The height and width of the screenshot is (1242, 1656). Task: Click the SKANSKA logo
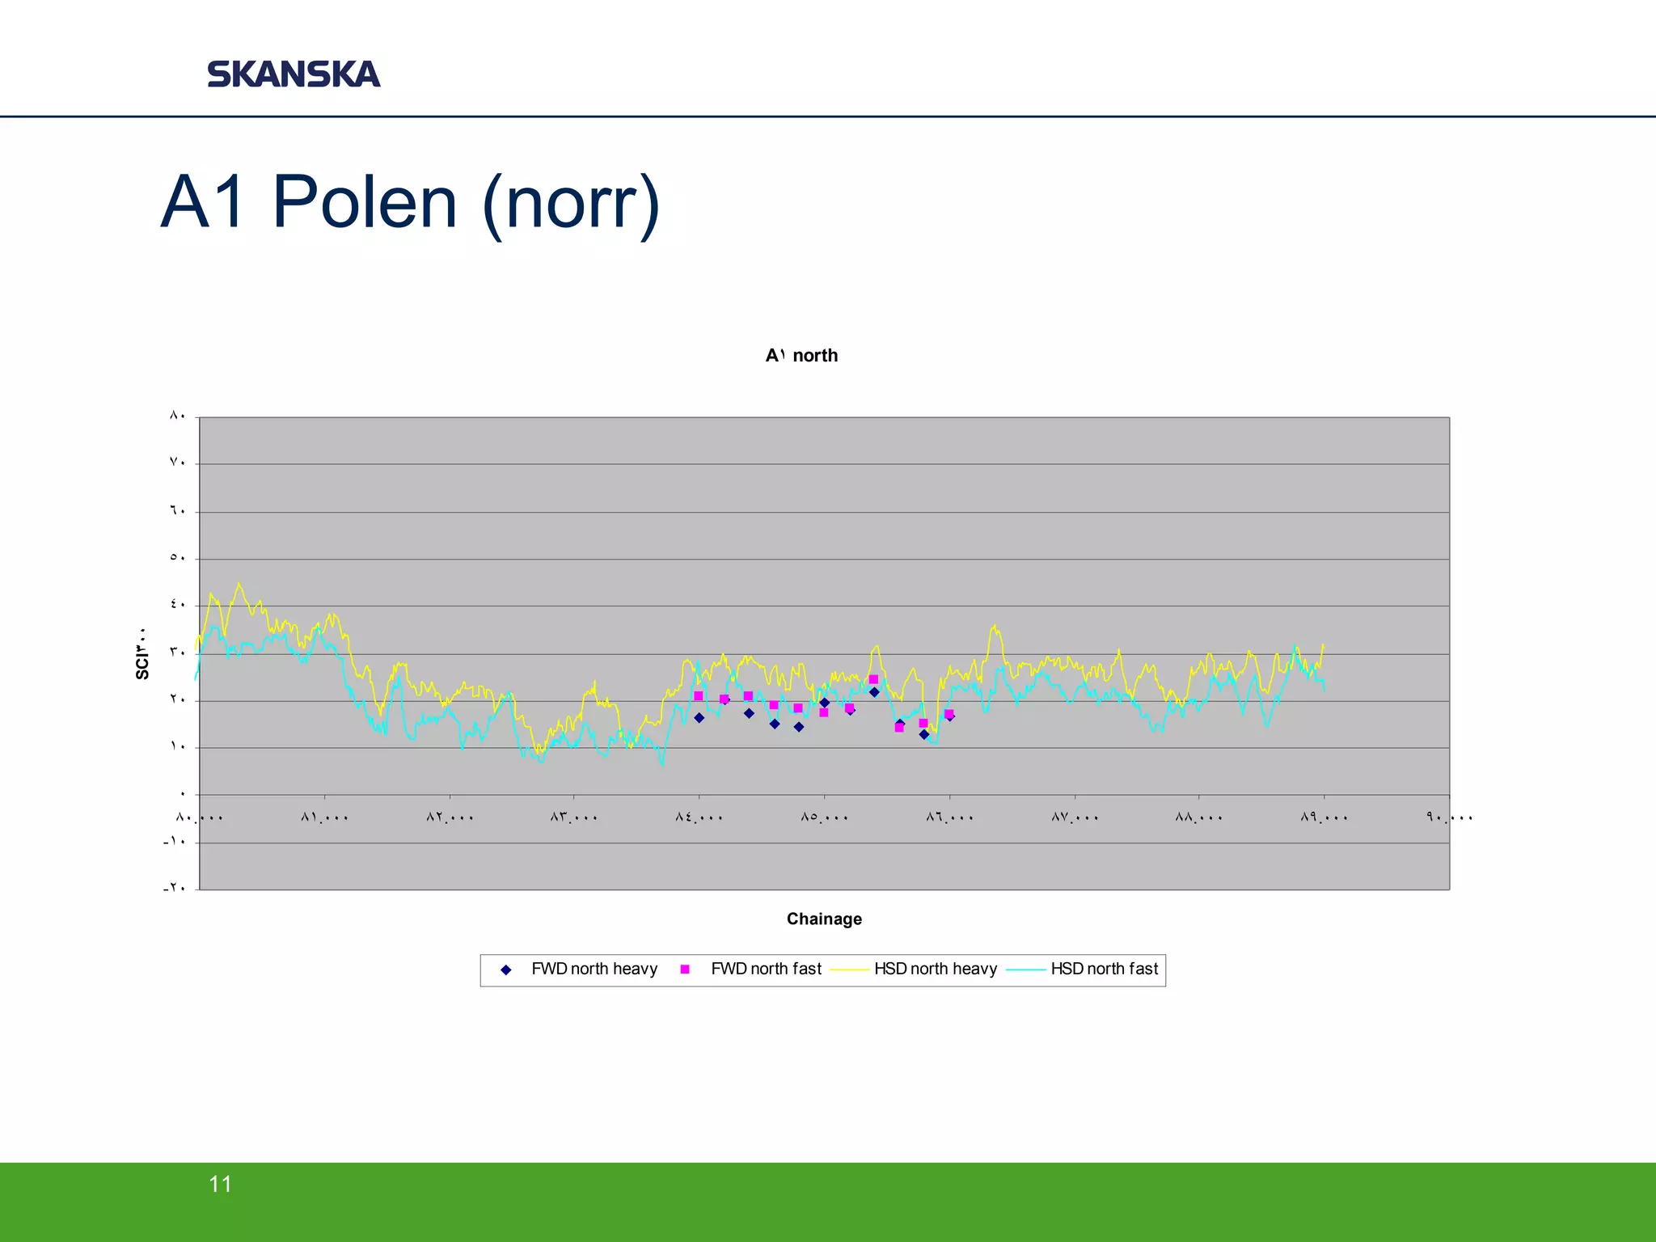(x=294, y=74)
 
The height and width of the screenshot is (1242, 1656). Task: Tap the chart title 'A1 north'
(x=801, y=356)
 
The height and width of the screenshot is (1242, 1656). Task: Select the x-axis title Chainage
(x=824, y=919)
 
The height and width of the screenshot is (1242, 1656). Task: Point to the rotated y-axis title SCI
(x=142, y=653)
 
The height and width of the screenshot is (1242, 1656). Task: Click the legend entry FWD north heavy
(x=594, y=969)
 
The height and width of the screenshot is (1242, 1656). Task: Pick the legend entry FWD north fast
(x=765, y=969)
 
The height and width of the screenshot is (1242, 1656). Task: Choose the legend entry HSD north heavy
(x=935, y=969)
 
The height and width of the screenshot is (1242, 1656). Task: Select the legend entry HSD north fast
(x=1104, y=969)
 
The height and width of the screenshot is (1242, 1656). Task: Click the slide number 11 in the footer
(x=220, y=1184)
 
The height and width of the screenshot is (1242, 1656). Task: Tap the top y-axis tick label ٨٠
(x=178, y=416)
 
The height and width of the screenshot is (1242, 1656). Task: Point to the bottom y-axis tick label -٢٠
(x=175, y=888)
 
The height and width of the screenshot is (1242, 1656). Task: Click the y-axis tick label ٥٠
(x=178, y=557)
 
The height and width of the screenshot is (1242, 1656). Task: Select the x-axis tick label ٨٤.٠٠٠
(x=699, y=817)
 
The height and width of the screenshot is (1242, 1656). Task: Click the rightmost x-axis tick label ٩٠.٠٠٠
(x=1450, y=817)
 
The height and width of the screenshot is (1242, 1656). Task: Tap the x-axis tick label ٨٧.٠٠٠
(x=1075, y=817)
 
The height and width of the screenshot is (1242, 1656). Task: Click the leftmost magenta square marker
(x=699, y=695)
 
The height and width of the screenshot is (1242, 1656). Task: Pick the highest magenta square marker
(x=873, y=679)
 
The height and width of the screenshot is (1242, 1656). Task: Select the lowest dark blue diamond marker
(x=923, y=734)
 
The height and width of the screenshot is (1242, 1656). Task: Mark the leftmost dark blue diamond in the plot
(x=699, y=718)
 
